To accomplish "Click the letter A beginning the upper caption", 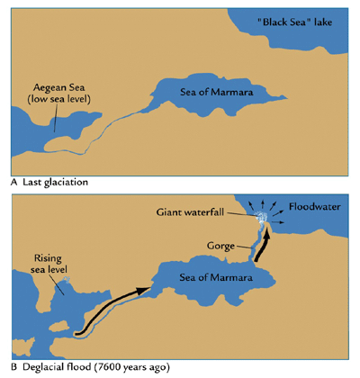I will pyautogui.click(x=14, y=181).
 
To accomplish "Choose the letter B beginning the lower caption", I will pyautogui.click(x=14, y=367).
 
